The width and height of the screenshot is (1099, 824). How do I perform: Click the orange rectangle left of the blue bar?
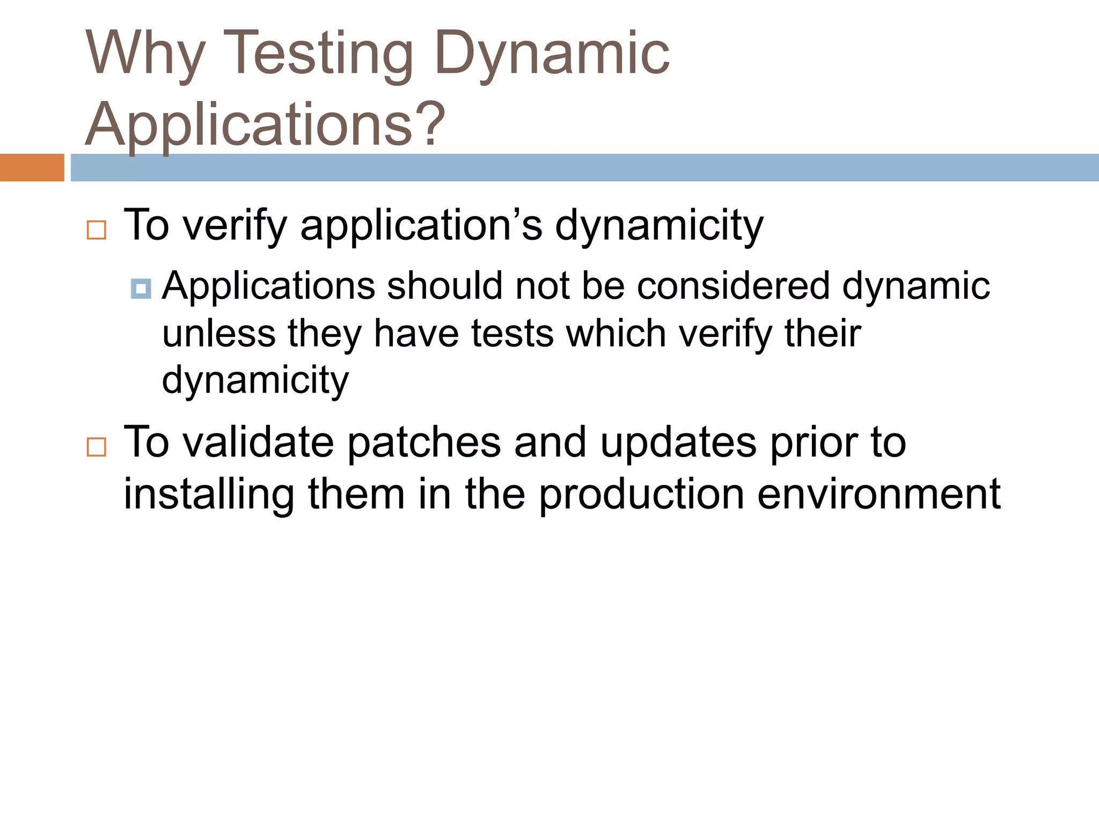point(32,167)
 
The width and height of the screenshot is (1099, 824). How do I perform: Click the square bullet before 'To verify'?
point(97,230)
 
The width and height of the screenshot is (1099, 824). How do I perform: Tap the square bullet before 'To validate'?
point(97,446)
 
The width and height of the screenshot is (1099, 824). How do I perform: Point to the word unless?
point(218,333)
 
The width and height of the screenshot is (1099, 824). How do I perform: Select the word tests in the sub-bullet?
point(512,333)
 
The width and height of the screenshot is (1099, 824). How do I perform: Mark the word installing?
point(209,494)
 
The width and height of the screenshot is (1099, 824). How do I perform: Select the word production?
point(641,494)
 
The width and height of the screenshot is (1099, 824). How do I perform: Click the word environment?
point(878,494)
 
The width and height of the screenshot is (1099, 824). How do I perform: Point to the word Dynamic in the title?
point(553,54)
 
